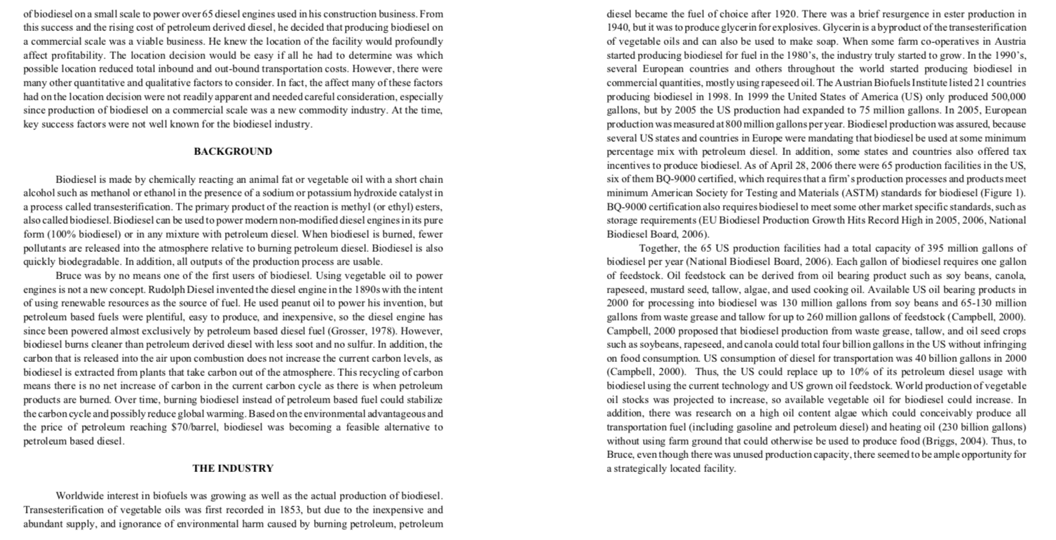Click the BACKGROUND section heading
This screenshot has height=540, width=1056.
[x=233, y=151]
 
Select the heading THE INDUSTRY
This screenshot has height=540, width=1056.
[x=233, y=468]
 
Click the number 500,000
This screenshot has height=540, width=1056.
[x=1003, y=96]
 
